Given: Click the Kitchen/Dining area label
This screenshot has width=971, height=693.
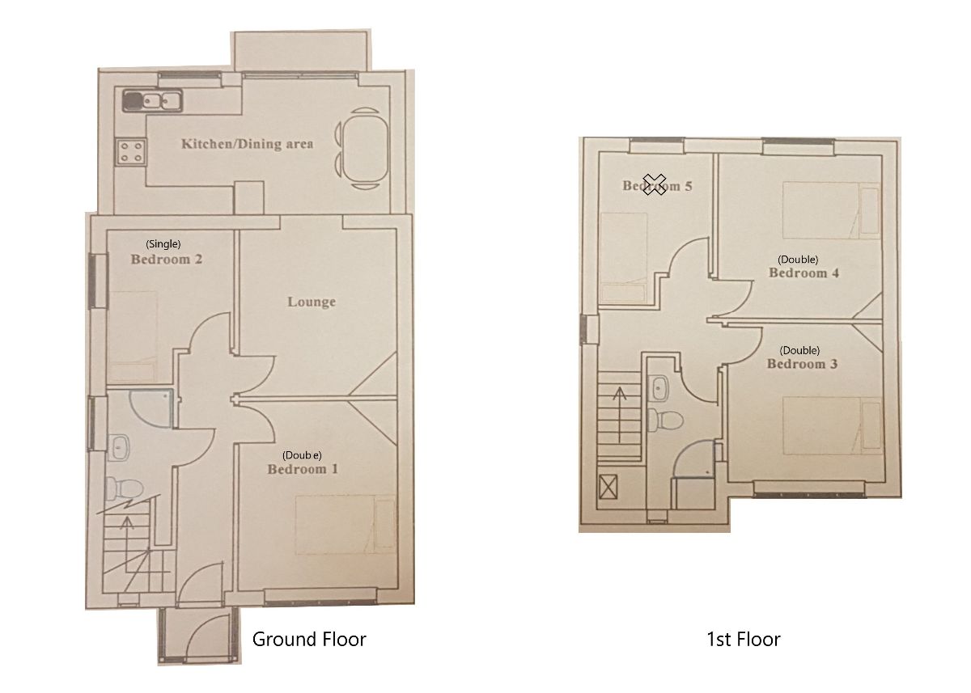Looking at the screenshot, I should [247, 144].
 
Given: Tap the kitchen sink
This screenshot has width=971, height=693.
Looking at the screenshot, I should [152, 101].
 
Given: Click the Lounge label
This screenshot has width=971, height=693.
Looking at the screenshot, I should [312, 302].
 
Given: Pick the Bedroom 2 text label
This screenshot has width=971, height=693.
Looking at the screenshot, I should [166, 260].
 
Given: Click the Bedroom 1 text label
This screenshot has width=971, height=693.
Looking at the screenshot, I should [303, 469].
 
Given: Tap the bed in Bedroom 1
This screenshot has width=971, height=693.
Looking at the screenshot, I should [345, 526].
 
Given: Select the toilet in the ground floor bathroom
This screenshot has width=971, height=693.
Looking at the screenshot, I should [124, 488].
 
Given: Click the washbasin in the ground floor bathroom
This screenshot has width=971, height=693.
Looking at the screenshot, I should [120, 444].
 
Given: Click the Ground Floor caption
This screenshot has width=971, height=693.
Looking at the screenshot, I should [309, 640].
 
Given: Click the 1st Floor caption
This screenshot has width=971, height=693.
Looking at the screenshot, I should [743, 640].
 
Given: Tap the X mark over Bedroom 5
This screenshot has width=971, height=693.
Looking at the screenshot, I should [655, 184].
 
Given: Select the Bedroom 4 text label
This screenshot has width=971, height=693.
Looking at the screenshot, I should [803, 273].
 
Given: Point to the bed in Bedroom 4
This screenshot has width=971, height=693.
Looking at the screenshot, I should [830, 210].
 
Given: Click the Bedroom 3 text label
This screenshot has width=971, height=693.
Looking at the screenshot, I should [802, 365].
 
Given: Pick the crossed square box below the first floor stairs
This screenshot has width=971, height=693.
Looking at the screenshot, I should [608, 488].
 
